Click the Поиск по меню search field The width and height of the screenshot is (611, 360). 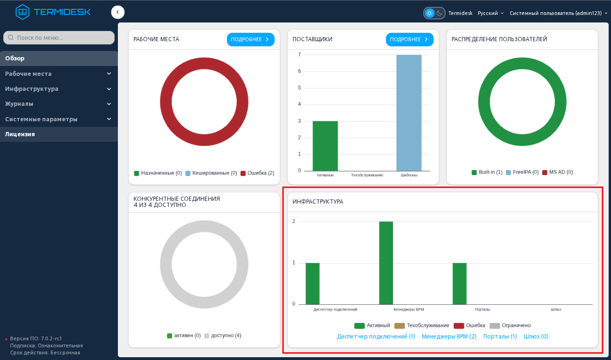pyautogui.click(x=58, y=37)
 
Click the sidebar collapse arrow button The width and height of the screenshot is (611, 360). pyautogui.click(x=118, y=12)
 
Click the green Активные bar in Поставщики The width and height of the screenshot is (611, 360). pyautogui.click(x=325, y=146)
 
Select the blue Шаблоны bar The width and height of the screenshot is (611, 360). pyautogui.click(x=409, y=113)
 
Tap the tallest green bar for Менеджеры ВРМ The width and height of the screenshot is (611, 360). pyautogui.click(x=386, y=263)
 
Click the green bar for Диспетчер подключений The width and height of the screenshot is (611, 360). pyautogui.click(x=313, y=284)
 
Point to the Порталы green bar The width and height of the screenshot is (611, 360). pyautogui.click(x=459, y=284)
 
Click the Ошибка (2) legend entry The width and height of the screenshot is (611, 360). pyautogui.click(x=257, y=173)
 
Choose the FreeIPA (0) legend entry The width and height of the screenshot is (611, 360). pyautogui.click(x=522, y=172)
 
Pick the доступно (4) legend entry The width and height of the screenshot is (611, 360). pyautogui.click(x=223, y=336)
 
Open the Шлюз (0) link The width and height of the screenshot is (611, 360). pyautogui.click(x=536, y=337)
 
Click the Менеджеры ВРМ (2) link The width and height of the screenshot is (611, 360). pyautogui.click(x=449, y=337)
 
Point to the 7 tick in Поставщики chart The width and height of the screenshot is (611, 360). pyautogui.click(x=299, y=55)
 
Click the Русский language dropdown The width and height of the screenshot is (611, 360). pyautogui.click(x=490, y=13)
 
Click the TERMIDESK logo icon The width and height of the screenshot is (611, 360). pyautogui.click(x=22, y=12)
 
